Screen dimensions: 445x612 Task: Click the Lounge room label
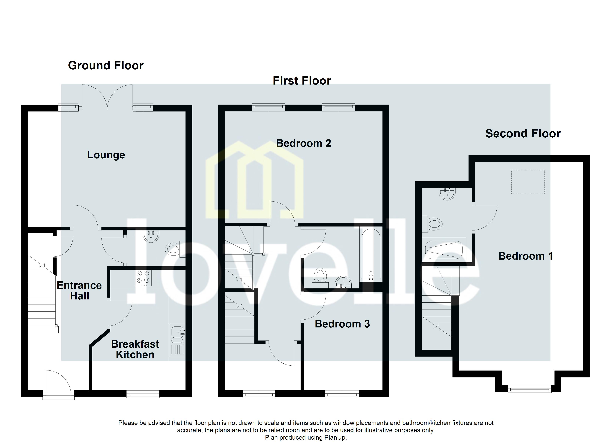[x=106, y=155]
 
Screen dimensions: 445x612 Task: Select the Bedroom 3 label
[x=342, y=324]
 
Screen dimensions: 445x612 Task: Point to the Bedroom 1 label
[x=525, y=256]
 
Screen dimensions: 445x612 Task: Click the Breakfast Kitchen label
[x=135, y=350]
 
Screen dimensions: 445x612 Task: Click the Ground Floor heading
[x=106, y=66]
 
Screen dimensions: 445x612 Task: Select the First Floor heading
[x=302, y=81]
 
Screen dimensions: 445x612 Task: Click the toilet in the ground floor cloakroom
[x=173, y=249]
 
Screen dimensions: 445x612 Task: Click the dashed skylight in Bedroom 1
[x=528, y=182]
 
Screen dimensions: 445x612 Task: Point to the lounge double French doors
[x=107, y=97]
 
